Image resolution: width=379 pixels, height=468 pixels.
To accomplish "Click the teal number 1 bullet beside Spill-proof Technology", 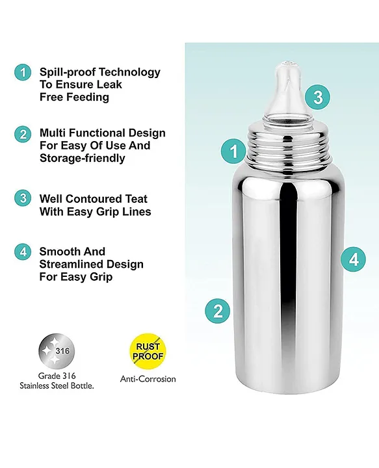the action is tap(23, 72).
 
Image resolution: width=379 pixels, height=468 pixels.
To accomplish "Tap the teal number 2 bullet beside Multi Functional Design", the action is tap(23, 134).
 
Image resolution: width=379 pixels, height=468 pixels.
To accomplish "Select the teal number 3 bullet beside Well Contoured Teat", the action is tap(23, 198).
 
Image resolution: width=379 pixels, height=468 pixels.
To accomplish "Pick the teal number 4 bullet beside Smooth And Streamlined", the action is tap(23, 252).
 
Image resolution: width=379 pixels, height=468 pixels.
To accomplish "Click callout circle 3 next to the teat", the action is tap(317, 97).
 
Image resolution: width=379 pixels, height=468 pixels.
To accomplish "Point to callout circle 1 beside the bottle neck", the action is tap(233, 151).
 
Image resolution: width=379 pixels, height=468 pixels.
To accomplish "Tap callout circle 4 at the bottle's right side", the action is tap(354, 259).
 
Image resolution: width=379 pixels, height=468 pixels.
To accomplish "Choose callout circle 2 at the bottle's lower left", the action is tap(218, 311).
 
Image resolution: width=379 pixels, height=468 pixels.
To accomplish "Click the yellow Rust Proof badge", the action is tap(148, 351).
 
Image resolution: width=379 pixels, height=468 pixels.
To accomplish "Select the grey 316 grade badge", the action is tap(57, 351).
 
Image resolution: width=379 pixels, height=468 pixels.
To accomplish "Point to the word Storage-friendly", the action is tap(83, 158).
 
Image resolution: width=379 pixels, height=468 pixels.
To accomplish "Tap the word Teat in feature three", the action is tap(136, 199).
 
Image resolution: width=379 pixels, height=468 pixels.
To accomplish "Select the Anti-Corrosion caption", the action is tap(148, 379).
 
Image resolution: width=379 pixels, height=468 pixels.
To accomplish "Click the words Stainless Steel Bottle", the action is tap(57, 385).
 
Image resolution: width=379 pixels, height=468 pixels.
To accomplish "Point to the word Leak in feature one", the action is tap(109, 84).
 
